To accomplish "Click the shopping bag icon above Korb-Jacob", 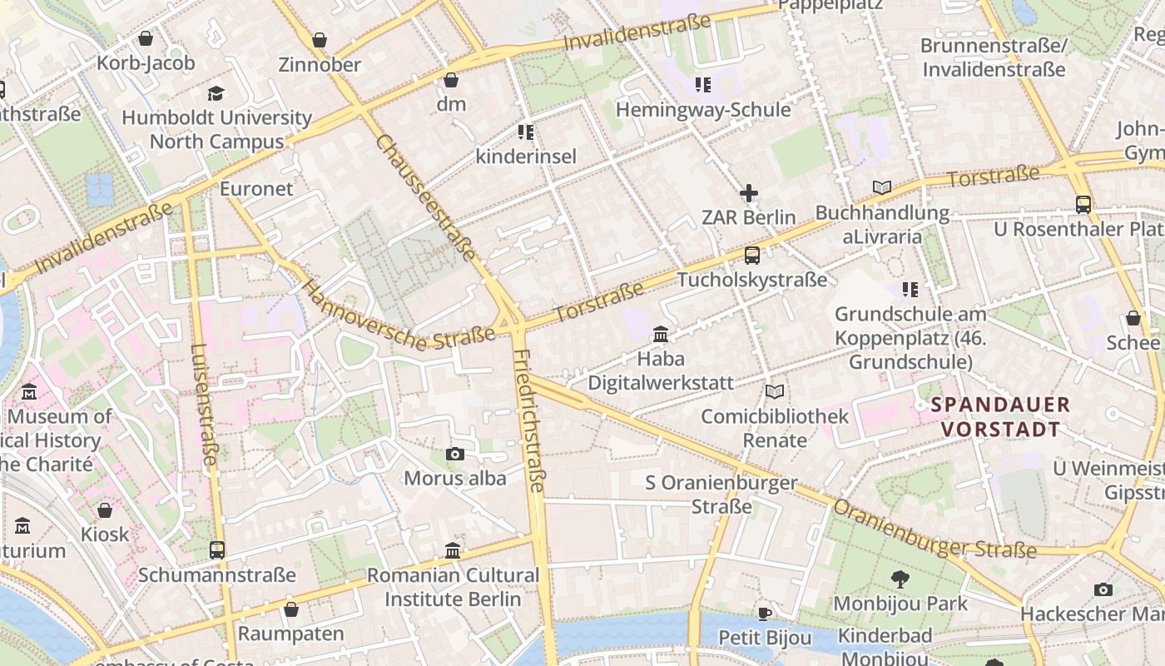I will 146,38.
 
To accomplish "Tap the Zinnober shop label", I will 320,64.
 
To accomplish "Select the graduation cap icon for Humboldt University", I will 216,93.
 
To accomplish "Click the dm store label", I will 451,104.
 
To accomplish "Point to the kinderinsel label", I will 525,156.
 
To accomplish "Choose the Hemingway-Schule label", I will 703,109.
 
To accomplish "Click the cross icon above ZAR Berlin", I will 749,193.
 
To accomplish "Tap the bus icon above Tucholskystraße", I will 752,256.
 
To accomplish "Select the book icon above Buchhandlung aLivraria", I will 882,188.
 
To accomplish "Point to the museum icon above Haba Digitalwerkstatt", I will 661,334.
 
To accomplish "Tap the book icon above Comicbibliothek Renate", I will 775,391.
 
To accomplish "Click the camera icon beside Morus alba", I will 455,454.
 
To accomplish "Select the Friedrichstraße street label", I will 529,420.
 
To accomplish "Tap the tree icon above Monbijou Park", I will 900,579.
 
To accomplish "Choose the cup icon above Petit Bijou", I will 765,614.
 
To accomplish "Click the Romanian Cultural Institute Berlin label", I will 453,587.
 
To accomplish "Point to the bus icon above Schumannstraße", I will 217,549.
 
